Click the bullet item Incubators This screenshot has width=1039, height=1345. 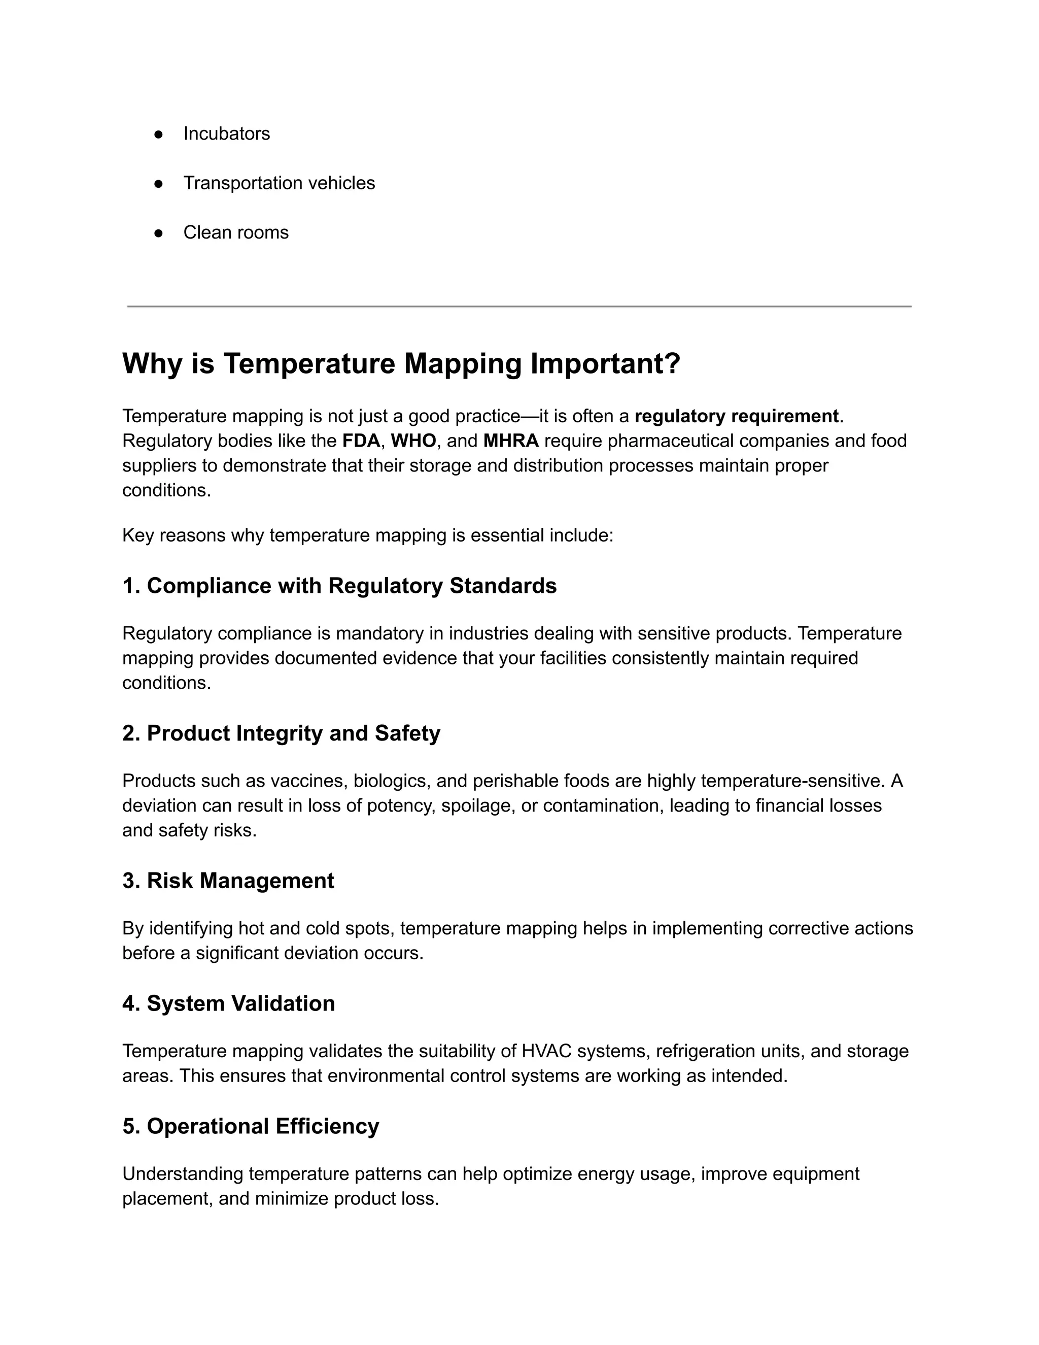(x=226, y=133)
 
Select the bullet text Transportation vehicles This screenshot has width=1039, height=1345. (x=279, y=183)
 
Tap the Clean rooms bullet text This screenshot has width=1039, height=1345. (x=236, y=232)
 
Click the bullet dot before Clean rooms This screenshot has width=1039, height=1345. (x=158, y=233)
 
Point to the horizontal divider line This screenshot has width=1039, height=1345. (x=519, y=306)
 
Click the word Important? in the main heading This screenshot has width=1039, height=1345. (x=605, y=363)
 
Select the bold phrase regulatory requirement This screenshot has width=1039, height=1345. (x=736, y=416)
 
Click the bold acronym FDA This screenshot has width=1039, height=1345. (x=361, y=441)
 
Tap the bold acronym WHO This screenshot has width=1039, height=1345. (x=413, y=441)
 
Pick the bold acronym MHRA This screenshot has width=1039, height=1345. (x=511, y=441)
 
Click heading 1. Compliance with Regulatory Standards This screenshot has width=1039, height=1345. (x=339, y=586)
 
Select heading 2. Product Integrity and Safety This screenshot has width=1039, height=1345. (x=281, y=733)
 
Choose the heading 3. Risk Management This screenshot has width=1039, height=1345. (x=228, y=881)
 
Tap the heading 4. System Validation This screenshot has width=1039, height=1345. (x=228, y=1003)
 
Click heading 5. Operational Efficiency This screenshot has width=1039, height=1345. (x=251, y=1126)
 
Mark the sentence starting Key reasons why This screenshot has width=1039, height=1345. (x=367, y=535)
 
